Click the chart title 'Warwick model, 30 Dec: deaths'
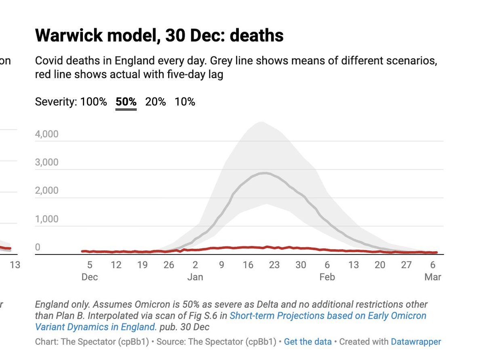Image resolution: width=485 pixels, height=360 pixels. click(x=159, y=36)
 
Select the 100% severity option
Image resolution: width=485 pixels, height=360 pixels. click(x=94, y=102)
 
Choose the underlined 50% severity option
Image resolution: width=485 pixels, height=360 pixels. click(x=126, y=102)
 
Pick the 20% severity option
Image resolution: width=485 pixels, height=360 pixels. click(x=156, y=102)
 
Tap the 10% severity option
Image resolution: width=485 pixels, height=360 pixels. click(x=185, y=102)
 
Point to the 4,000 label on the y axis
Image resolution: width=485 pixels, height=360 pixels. click(x=46, y=134)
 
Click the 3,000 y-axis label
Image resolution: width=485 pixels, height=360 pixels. click(x=46, y=162)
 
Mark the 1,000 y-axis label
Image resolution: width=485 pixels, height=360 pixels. click(x=46, y=219)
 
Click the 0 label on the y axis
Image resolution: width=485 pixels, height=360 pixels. click(x=38, y=247)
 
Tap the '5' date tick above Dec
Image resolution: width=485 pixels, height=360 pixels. click(x=90, y=265)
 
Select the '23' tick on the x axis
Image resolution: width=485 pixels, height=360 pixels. click(x=274, y=265)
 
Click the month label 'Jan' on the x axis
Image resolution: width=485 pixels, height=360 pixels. click(x=195, y=277)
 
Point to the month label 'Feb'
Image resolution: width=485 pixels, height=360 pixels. click(x=327, y=277)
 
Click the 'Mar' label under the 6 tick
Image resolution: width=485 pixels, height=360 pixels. click(x=432, y=277)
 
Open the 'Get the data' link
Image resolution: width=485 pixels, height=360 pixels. click(x=308, y=342)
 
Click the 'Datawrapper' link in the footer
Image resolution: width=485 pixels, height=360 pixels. click(x=416, y=342)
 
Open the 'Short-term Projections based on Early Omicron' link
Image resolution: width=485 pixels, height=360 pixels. click(x=328, y=316)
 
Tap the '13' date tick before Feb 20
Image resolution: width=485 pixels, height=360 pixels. click(x=353, y=265)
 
